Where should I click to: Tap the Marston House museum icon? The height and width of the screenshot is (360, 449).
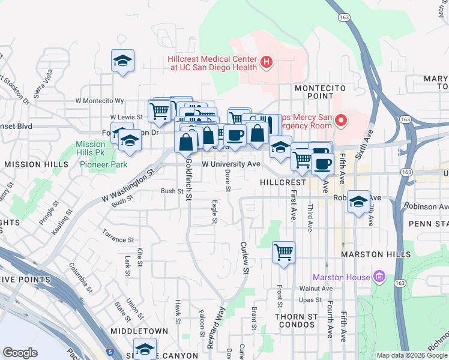pyautogui.click(x=379, y=277)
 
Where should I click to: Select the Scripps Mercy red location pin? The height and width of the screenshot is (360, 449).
pyautogui.click(x=342, y=121)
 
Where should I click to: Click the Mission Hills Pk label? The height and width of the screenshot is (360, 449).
pyautogui.click(x=91, y=148)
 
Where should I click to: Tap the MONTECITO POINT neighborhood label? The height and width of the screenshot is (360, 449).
pyautogui.click(x=314, y=92)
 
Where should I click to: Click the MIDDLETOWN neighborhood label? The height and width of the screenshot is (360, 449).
pyautogui.click(x=140, y=331)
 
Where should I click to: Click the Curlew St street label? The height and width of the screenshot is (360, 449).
pyautogui.click(x=244, y=257)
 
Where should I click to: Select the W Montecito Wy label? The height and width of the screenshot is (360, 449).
pyautogui.click(x=100, y=101)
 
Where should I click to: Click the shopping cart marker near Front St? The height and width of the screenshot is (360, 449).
pyautogui.click(x=283, y=252)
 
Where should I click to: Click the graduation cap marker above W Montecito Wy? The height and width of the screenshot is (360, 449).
pyautogui.click(x=122, y=61)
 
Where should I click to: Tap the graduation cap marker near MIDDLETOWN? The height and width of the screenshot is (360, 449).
pyautogui.click(x=145, y=349)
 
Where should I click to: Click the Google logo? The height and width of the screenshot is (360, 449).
pyautogui.click(x=20, y=353)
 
